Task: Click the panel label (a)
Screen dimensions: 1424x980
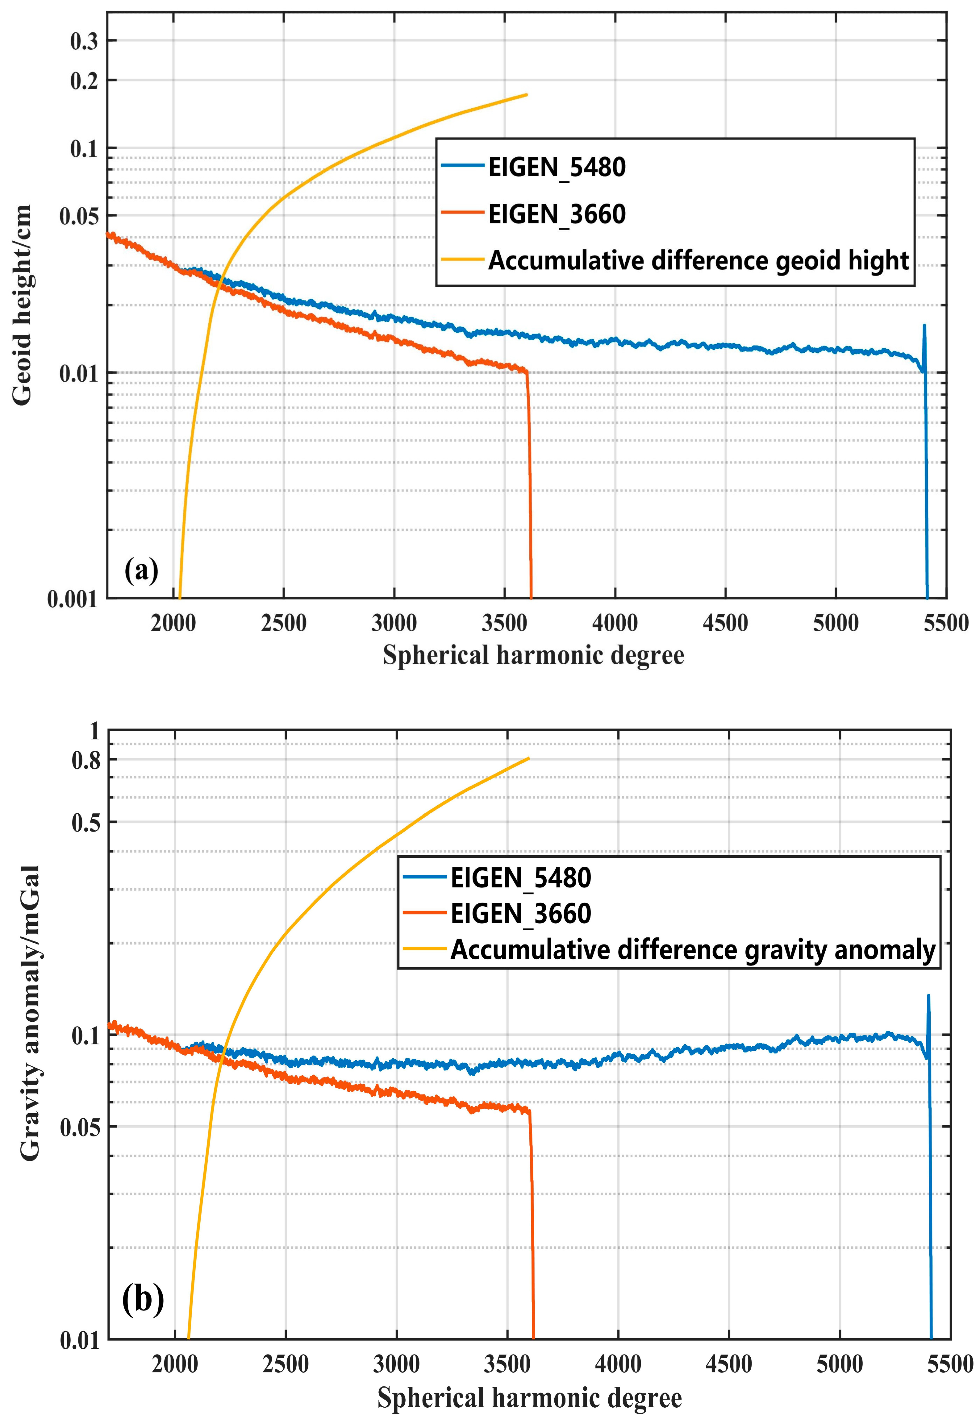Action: (141, 570)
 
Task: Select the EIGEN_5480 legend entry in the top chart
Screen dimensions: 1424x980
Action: (556, 167)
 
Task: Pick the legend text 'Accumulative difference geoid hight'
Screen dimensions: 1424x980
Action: (698, 261)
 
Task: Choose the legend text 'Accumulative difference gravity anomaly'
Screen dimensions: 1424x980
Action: (693, 949)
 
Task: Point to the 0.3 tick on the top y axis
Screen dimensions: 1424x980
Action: (84, 41)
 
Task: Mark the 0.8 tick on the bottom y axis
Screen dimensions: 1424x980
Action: (86, 761)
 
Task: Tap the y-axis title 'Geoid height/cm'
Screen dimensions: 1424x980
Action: (22, 305)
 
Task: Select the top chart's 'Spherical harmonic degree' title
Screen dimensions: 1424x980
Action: (533, 655)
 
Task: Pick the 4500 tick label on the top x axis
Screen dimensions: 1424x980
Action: (725, 623)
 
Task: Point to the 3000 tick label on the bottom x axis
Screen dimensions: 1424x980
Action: (396, 1364)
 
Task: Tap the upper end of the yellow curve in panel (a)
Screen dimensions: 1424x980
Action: (526, 94)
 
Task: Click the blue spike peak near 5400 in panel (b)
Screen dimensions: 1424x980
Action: (928, 996)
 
